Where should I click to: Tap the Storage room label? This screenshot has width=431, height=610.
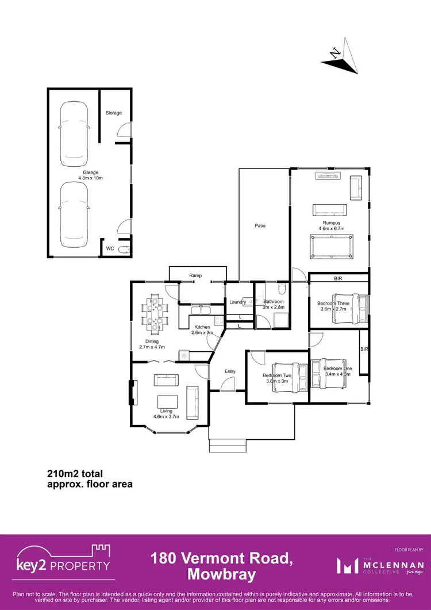[113, 113]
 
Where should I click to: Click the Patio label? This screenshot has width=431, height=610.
[260, 226]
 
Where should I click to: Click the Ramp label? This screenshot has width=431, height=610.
[195, 276]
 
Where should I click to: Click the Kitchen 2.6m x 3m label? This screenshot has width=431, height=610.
[202, 329]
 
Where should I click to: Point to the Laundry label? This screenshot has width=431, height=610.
[237, 302]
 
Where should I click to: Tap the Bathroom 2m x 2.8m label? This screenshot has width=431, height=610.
[273, 305]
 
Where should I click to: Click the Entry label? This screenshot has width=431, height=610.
[230, 371]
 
